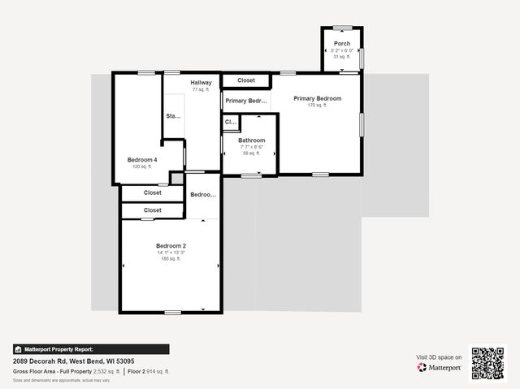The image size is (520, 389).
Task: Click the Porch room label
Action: (x=341, y=43)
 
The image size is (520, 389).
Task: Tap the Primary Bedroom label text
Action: (x=318, y=98)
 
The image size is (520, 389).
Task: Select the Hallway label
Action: (x=201, y=82)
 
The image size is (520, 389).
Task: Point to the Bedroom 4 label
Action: (x=142, y=160)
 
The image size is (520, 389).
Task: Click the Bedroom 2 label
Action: (x=171, y=245)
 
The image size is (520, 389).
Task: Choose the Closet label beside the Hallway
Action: (x=246, y=80)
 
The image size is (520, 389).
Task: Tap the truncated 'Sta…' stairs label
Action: (x=173, y=116)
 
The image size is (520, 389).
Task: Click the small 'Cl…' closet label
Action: (x=231, y=123)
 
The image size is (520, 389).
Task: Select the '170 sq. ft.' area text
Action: (x=318, y=106)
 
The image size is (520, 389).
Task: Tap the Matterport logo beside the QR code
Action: (x=440, y=367)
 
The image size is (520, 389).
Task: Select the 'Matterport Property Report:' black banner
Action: (x=91, y=349)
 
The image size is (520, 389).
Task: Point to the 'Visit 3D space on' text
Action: (x=440, y=357)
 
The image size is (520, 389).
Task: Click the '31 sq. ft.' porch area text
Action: (x=341, y=56)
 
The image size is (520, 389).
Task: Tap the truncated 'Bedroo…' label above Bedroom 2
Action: (x=202, y=195)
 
